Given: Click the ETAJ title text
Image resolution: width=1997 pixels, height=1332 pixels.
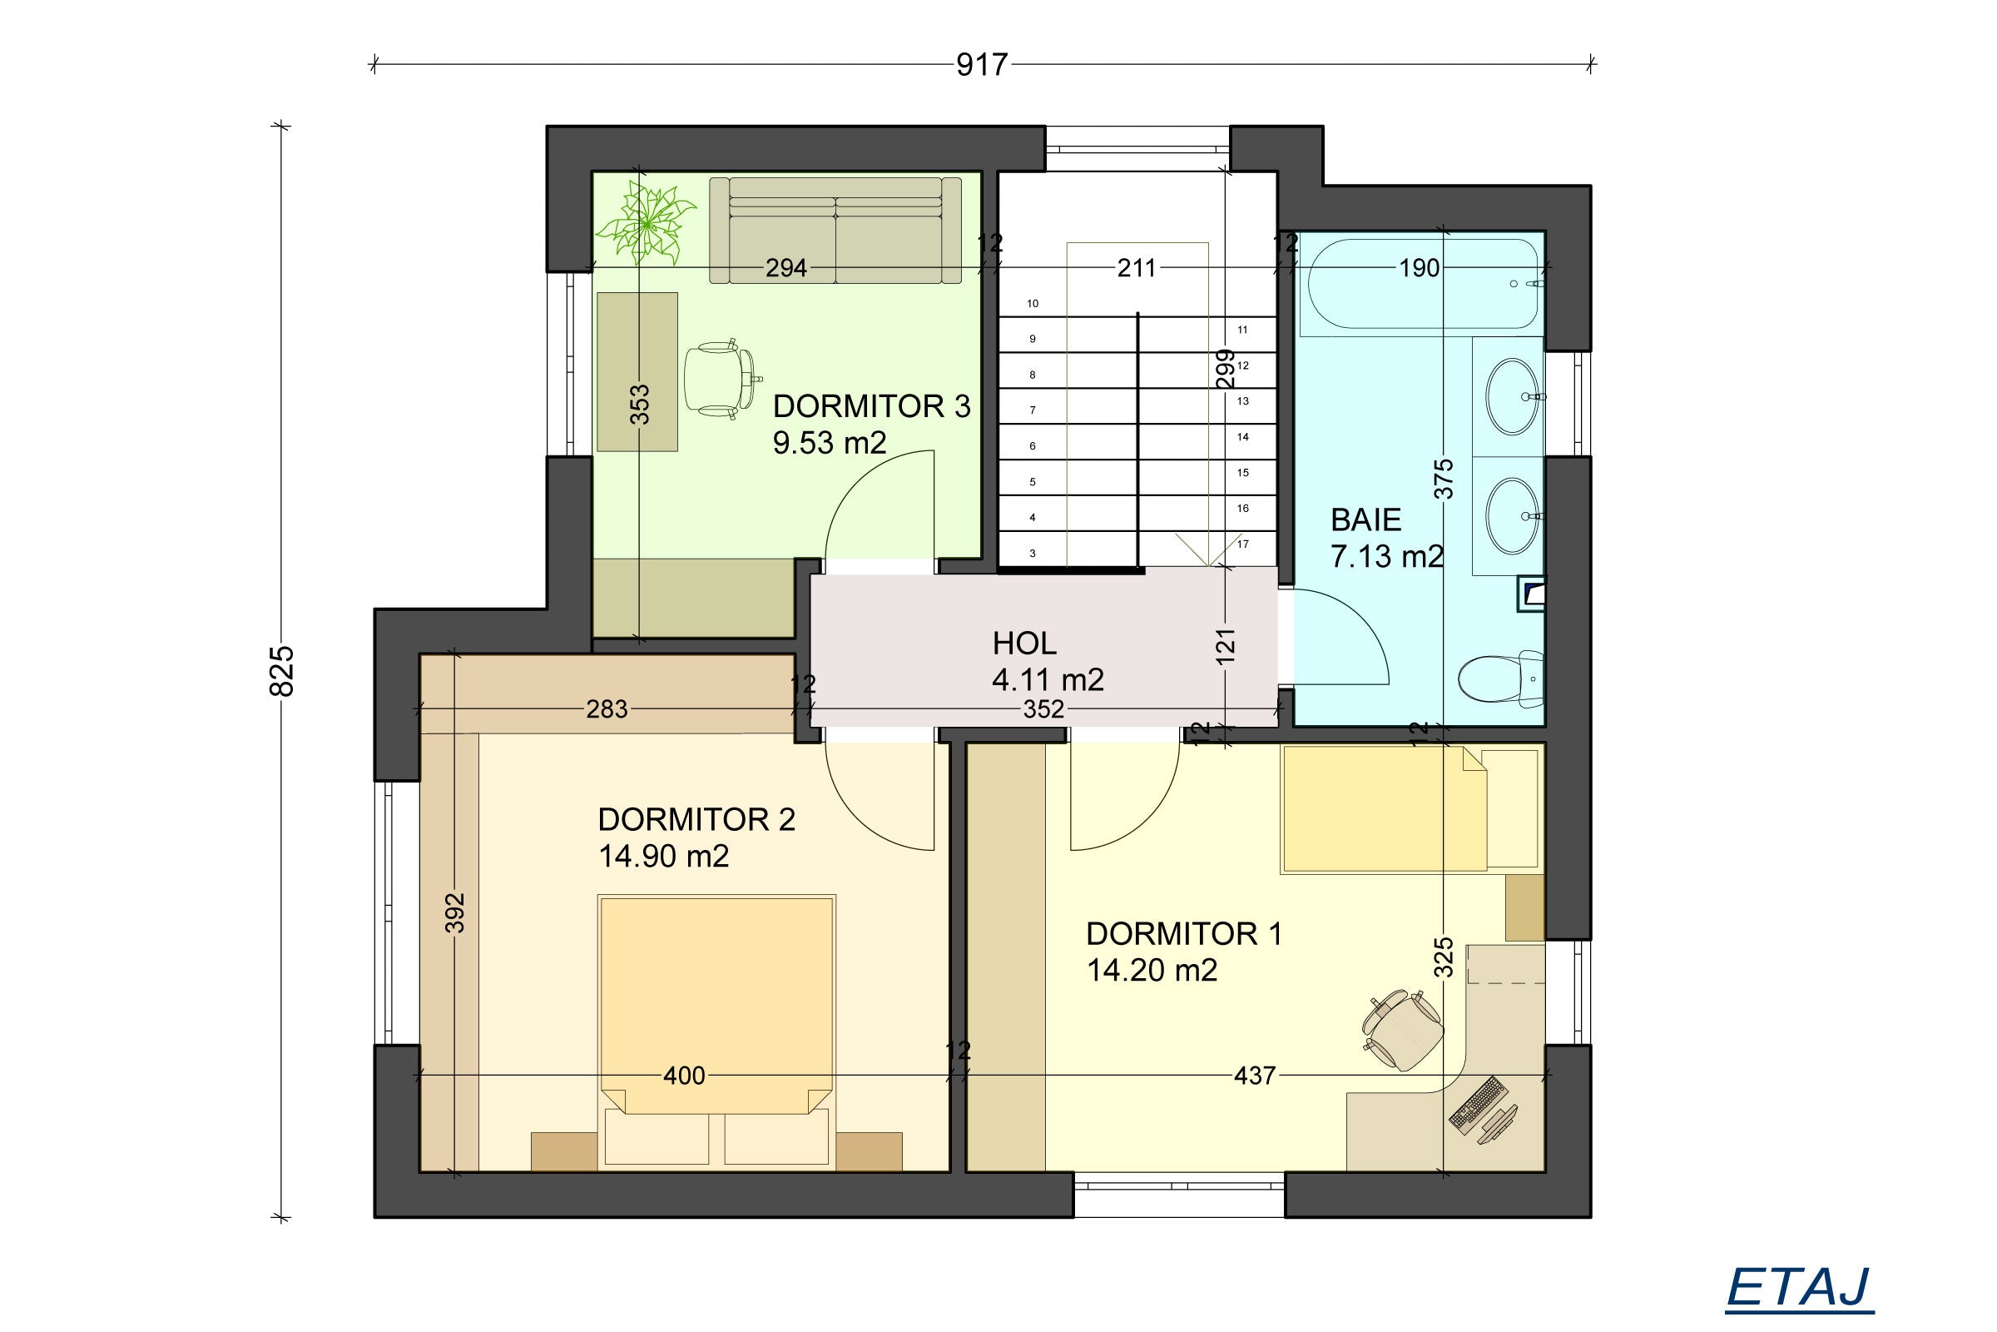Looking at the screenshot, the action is pos(1799,1288).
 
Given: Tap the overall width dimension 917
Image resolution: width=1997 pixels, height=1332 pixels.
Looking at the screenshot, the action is pos(982,65).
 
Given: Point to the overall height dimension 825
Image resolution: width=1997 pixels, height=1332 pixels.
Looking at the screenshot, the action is pos(281,671).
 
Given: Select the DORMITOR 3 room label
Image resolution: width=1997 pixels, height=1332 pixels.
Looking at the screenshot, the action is pos(871,406).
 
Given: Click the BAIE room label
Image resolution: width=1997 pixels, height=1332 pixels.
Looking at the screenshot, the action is pos(1365,519).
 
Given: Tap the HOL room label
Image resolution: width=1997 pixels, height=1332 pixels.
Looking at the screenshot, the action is pos(1024,644).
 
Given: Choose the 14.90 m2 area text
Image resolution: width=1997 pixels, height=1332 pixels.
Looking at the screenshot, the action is pos(663,857).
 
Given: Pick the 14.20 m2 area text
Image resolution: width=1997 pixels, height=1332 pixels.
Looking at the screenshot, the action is pos(1152,970).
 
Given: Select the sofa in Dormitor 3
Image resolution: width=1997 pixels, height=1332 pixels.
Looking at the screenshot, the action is pos(835,231).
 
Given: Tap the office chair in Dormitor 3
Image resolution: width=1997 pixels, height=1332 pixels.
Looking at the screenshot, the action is pos(721,379).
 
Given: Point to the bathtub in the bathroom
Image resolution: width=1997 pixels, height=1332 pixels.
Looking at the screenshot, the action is pos(1423,285).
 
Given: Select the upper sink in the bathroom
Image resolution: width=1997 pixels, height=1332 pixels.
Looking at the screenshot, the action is pos(1511,397).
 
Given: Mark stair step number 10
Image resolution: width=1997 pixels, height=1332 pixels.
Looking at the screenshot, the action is pos(1033,303).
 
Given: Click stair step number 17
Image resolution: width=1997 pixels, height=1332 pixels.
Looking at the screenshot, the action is pos(1243,544).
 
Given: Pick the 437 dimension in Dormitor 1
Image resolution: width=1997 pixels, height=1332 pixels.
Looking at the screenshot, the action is pos(1255,1076).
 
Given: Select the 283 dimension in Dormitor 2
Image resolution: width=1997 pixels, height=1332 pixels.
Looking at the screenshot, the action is pos(607,708).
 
